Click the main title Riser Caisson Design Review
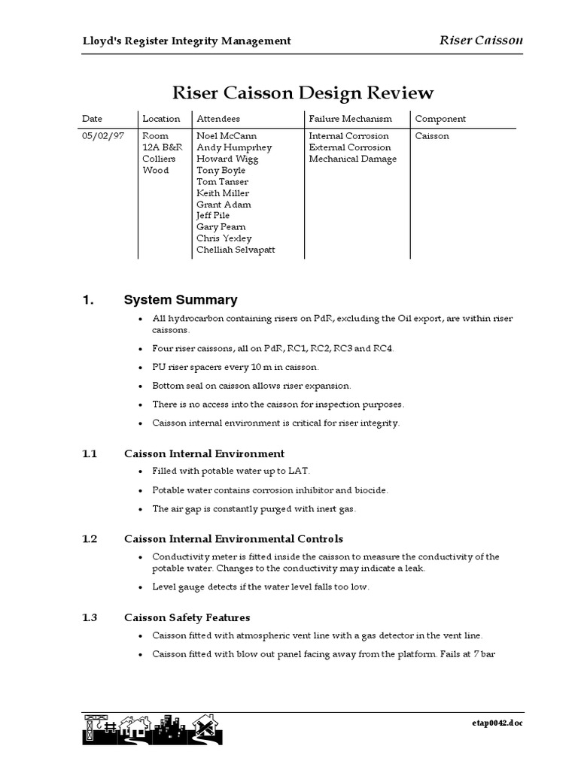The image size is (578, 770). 303,93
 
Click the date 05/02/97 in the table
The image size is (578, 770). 103,136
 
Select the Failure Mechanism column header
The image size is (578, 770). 351,119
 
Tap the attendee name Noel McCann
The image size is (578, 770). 227,136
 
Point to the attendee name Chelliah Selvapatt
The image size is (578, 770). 236,250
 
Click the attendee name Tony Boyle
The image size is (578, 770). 221,170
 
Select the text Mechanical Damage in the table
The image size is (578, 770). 352,159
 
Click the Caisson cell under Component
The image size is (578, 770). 432,136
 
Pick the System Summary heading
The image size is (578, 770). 181,300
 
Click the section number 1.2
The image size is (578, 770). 90,539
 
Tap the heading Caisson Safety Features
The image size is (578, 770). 187,618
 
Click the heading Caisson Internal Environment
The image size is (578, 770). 204,454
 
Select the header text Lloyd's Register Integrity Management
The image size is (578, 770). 187,41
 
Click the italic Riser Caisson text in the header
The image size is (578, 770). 480,40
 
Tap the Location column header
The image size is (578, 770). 161,119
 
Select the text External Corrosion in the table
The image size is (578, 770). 350,147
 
